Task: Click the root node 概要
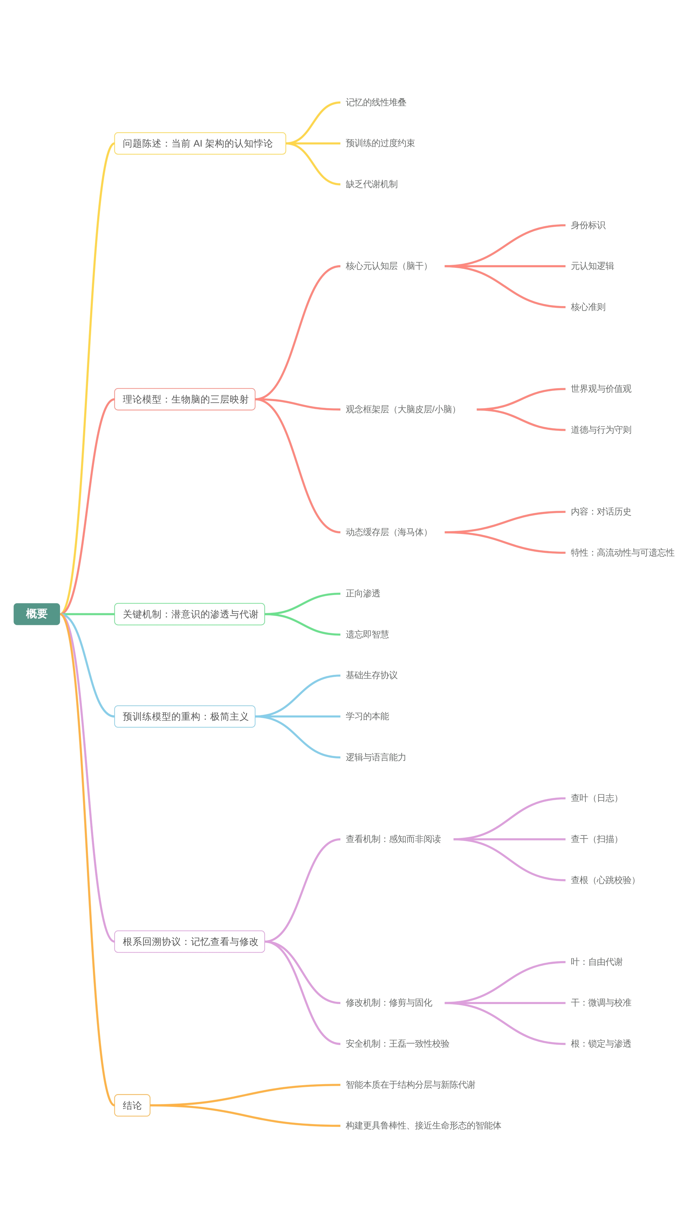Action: coord(37,614)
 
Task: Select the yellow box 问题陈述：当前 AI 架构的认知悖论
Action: coord(200,143)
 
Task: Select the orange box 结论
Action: coord(132,1105)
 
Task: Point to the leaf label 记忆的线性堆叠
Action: coord(376,102)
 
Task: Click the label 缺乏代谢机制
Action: coord(371,184)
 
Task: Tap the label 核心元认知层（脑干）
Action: coord(388,266)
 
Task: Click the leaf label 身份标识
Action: coord(588,225)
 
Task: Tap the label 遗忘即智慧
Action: coord(367,634)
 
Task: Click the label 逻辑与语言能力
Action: coord(376,757)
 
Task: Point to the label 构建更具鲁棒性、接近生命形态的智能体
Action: coord(424,1125)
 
